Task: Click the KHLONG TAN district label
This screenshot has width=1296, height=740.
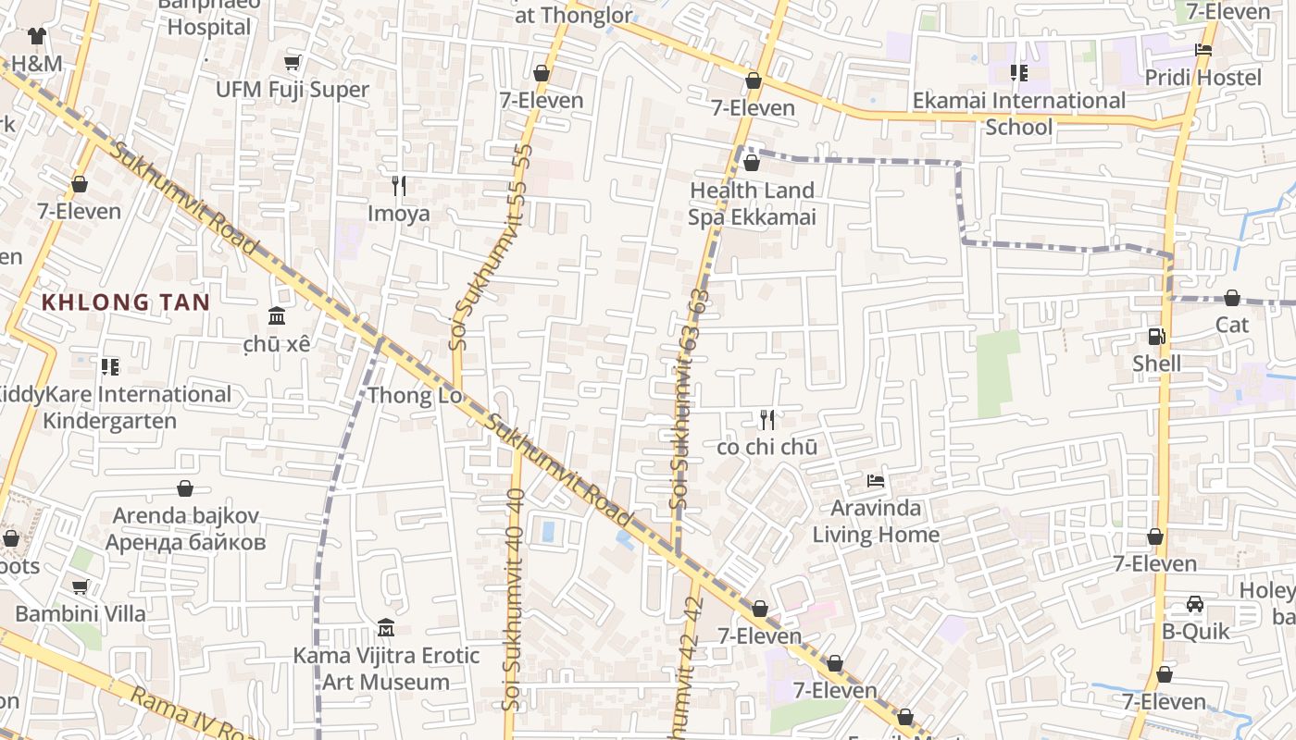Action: [125, 302]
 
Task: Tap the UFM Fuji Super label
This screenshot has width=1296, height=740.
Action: [293, 90]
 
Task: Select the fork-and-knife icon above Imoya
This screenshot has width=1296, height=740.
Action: [399, 186]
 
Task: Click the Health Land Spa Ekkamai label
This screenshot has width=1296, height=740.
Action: [752, 203]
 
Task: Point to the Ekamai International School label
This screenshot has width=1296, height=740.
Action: [1019, 113]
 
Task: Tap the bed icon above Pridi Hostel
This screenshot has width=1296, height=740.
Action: [1203, 50]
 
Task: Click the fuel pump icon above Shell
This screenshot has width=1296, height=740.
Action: [1156, 337]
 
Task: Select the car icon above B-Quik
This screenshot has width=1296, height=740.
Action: [1195, 604]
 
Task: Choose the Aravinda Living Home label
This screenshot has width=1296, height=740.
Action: [876, 521]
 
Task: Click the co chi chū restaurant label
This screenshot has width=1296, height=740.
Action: [766, 447]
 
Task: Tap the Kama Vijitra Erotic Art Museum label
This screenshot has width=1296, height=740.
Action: [386, 669]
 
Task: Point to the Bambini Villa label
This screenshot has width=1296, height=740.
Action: [81, 613]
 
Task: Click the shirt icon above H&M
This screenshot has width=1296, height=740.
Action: [36, 36]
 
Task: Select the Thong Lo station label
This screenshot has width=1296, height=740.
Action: [414, 396]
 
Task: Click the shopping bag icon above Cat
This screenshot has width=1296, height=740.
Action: [1231, 298]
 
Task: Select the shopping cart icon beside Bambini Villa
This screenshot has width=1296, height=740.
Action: [81, 586]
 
